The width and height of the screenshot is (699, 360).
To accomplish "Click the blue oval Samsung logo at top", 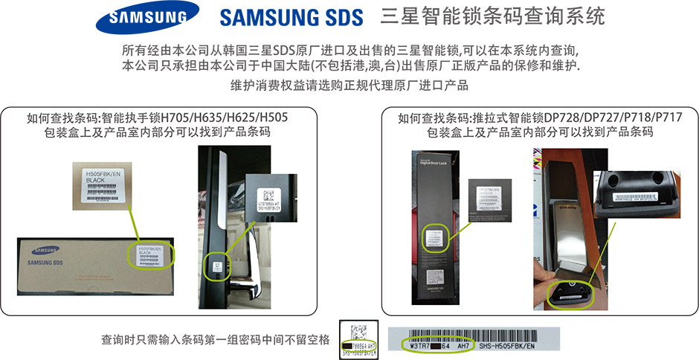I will point(153,18).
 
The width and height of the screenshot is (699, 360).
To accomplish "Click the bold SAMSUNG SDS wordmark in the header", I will point(291,17).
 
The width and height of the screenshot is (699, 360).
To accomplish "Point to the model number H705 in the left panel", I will point(173,118).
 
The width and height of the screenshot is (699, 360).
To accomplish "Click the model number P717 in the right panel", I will point(667,118).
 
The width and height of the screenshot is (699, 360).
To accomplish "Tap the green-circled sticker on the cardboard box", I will point(150,255).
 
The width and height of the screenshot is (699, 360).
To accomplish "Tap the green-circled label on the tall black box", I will point(434,238).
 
